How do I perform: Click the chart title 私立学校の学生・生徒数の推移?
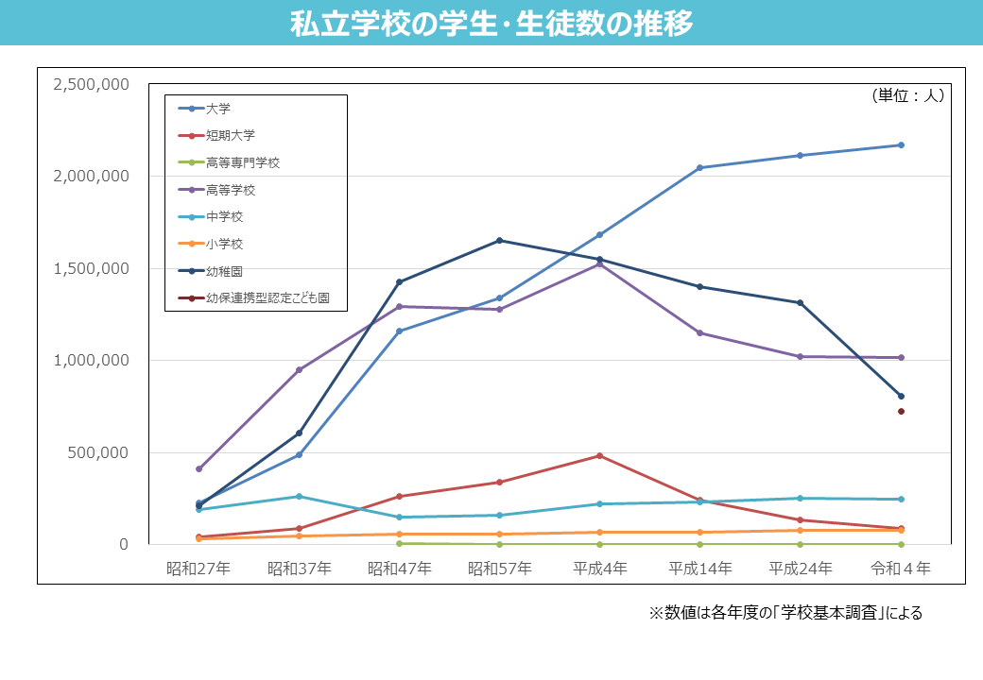(491, 24)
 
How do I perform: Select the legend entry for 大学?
(218, 109)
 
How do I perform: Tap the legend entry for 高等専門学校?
(243, 162)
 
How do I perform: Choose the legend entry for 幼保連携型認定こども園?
(267, 298)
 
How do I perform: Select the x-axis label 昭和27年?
(198, 569)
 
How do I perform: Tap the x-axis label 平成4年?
(600, 569)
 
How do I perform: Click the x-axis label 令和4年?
(901, 569)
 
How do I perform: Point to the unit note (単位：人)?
(906, 95)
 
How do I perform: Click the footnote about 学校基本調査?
(785, 613)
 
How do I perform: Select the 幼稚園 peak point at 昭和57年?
(499, 240)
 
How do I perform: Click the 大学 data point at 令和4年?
(901, 144)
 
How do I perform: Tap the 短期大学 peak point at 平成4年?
(599, 455)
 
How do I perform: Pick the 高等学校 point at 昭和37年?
(299, 369)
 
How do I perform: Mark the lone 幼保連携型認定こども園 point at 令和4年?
(901, 411)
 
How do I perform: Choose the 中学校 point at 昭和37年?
(299, 496)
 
